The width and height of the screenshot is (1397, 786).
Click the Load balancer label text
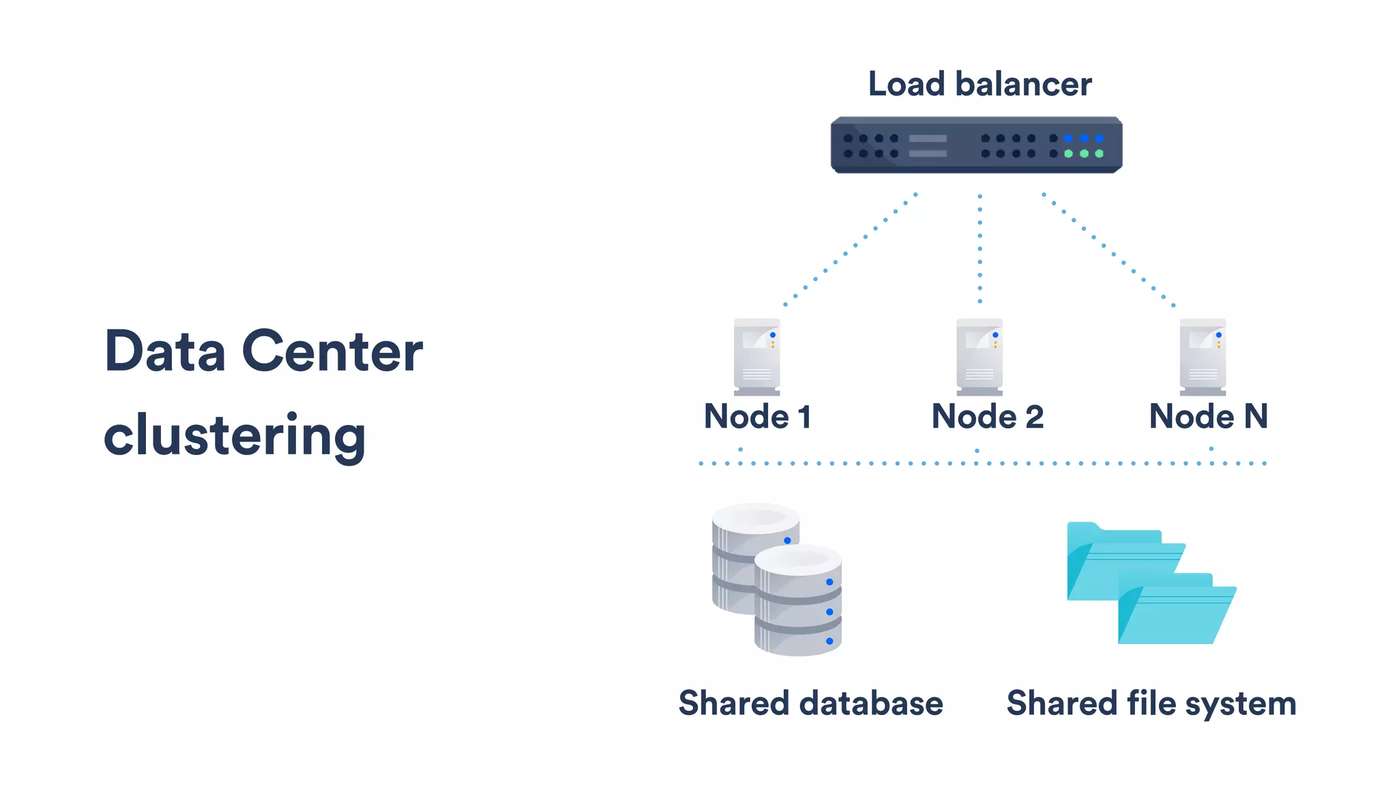tap(980, 85)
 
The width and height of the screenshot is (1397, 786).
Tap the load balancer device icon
tap(975, 145)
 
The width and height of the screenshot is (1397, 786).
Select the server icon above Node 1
tap(756, 357)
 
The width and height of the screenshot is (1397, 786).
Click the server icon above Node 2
tap(980, 357)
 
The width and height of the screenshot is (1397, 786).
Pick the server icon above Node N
tap(1203, 357)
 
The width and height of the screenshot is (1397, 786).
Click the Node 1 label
tap(757, 416)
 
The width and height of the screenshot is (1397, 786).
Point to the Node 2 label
tap(987, 416)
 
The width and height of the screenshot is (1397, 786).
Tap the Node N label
tap(1208, 416)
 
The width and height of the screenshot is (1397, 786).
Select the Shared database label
tap(810, 703)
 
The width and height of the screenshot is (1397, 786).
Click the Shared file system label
tap(1151, 703)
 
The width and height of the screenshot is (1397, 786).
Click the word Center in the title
tap(332, 352)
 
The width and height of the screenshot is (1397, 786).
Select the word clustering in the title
tap(235, 436)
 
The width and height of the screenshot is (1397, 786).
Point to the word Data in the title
tap(164, 352)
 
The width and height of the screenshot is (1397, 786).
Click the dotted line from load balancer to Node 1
tap(850, 250)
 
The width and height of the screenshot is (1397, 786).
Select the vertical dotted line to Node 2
tap(980, 248)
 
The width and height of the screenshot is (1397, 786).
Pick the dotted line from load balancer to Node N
tap(1108, 250)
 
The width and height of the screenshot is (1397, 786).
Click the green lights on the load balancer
tap(1083, 154)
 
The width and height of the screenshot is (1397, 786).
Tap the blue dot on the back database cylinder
tap(787, 540)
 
